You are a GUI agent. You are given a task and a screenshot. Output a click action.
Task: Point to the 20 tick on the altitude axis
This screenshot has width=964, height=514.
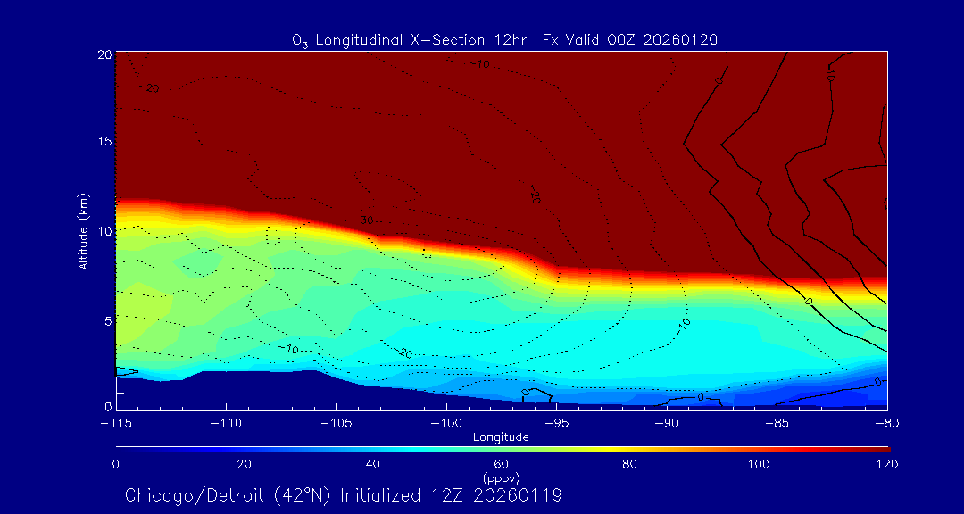click(104, 54)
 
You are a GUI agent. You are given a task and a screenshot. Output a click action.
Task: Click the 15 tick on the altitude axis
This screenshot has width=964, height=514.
click(104, 142)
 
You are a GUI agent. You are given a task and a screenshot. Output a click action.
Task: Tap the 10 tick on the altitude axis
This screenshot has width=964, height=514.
click(104, 230)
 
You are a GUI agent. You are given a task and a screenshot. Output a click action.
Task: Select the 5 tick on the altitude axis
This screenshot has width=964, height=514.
click(106, 319)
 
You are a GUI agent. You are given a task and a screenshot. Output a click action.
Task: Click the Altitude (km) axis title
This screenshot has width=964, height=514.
click(83, 231)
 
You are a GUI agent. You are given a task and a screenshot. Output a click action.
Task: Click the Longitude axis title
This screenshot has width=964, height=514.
click(502, 437)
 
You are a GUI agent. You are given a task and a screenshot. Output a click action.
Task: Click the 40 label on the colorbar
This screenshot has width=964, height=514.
click(373, 464)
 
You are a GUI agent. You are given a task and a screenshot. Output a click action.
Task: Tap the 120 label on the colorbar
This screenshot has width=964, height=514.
click(887, 464)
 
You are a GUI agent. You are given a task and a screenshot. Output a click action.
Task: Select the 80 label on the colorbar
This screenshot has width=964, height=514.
click(630, 464)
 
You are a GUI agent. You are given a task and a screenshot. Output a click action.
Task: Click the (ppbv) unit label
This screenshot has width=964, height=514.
click(502, 477)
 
